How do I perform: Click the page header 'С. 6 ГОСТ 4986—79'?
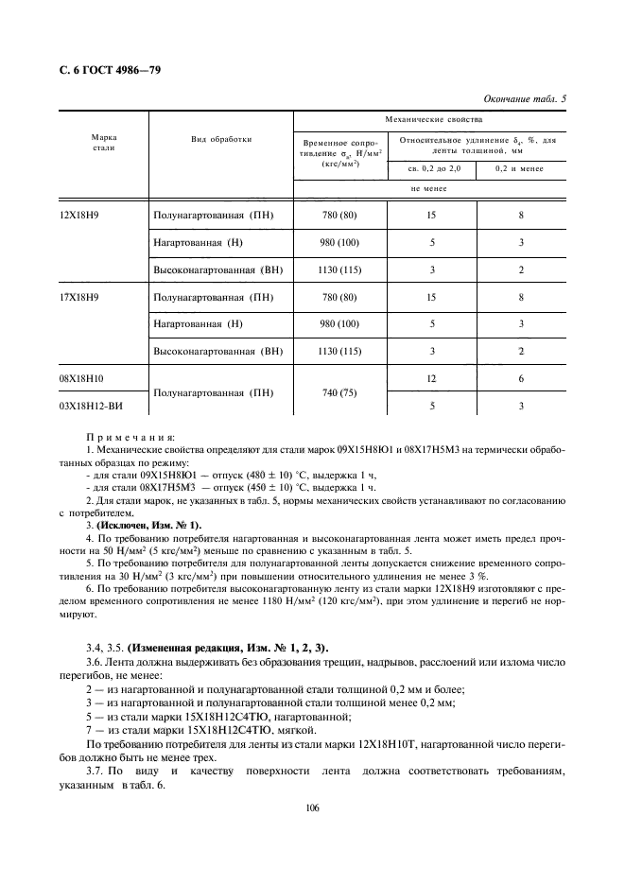105,70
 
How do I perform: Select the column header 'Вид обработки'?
220,139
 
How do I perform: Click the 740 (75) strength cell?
339,391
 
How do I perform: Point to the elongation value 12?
431,378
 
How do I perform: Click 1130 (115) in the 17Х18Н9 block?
339,352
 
